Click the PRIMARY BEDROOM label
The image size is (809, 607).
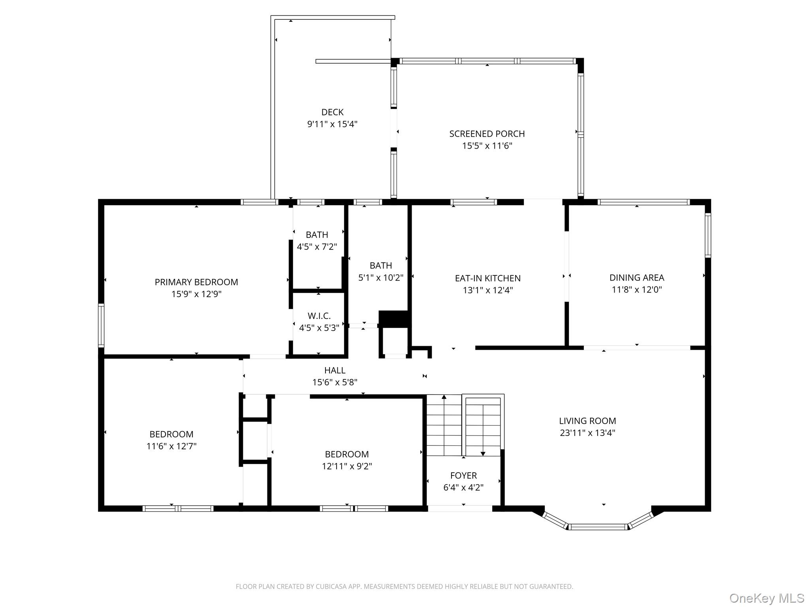point(196,282)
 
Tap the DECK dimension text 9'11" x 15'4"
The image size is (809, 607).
point(332,124)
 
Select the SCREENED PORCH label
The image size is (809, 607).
point(487,134)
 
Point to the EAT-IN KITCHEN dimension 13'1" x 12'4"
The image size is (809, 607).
point(488,290)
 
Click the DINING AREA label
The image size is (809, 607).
point(636,278)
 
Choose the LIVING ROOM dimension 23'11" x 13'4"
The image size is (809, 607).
point(587,433)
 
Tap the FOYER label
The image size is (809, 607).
point(463,475)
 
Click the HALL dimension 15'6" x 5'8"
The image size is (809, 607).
point(335,382)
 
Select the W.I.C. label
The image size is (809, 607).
point(319,316)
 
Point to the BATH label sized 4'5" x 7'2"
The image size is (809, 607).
point(317,235)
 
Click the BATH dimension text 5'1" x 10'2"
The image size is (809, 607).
point(380,277)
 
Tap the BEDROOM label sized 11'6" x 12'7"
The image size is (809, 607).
point(171,434)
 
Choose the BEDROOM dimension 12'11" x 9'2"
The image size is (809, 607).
point(347,466)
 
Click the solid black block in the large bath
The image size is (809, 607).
point(393,319)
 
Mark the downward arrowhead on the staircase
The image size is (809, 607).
point(483,454)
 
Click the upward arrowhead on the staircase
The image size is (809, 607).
point(444,397)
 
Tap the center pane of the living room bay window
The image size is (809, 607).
point(598,526)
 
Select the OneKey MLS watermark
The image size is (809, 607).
point(767,598)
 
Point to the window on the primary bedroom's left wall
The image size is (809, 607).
point(101,325)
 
